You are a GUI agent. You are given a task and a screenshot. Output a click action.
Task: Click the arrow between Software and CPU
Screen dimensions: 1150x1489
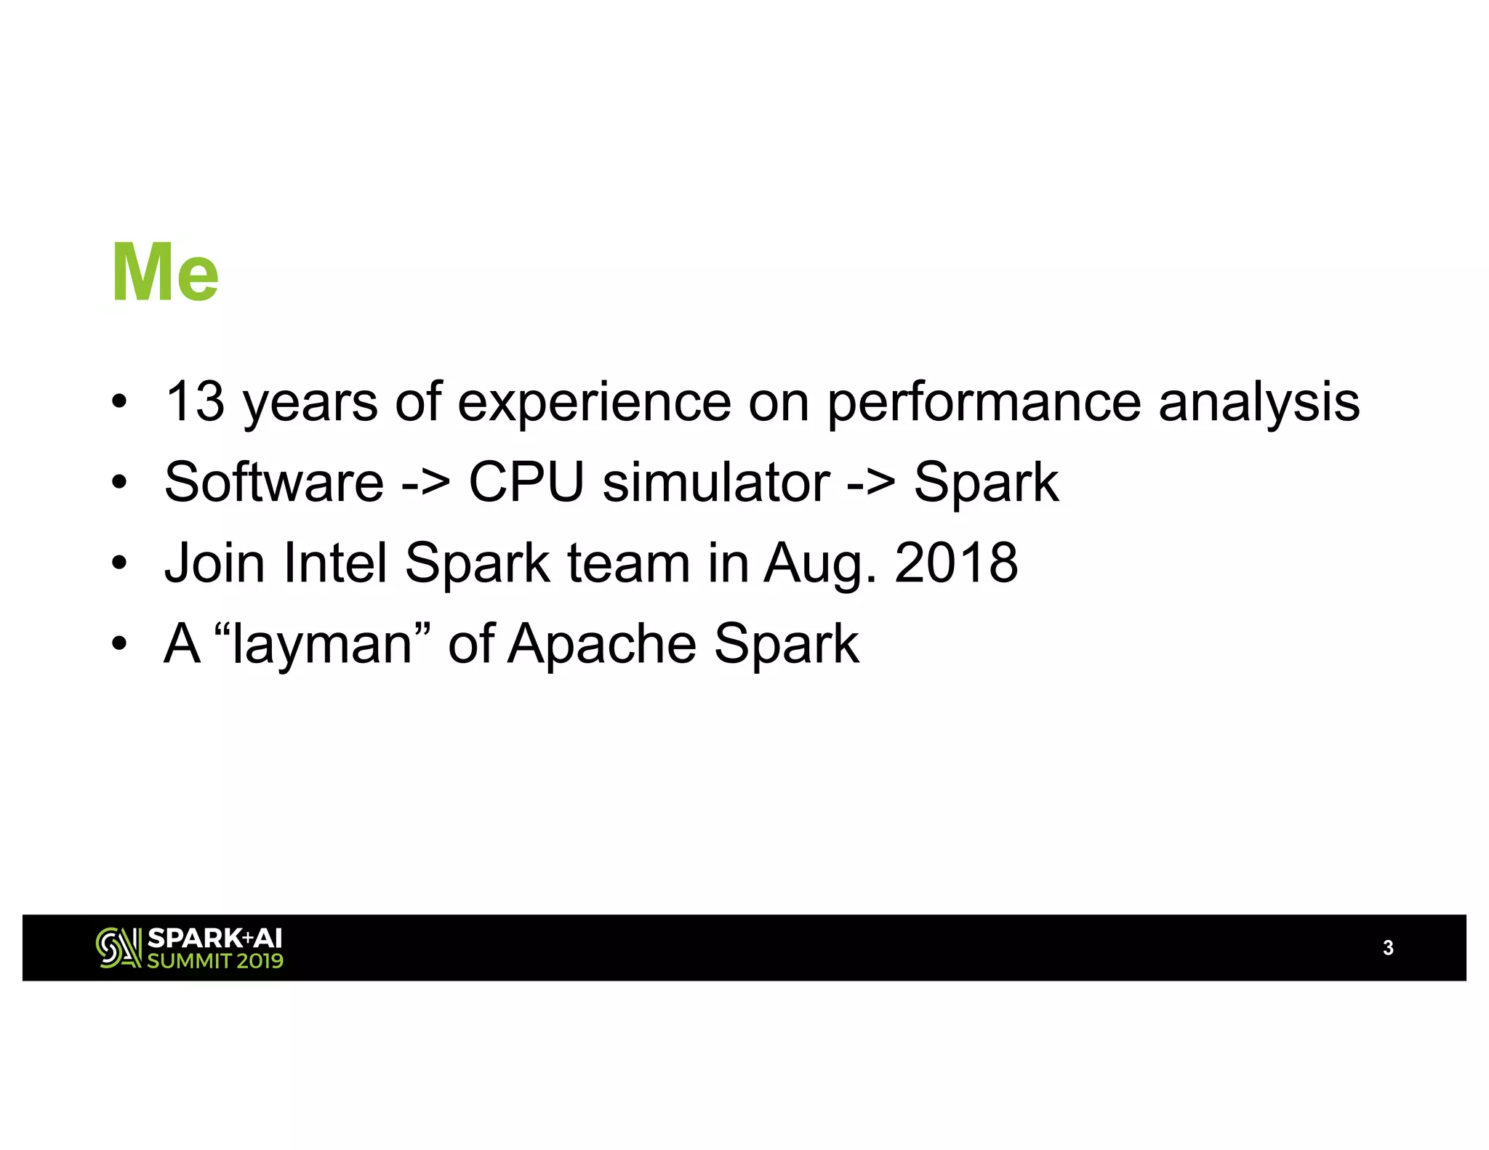[426, 483]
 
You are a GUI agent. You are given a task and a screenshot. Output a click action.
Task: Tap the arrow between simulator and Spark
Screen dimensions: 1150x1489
[871, 483]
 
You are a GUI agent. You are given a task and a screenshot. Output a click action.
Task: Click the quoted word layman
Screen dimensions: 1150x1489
[322, 644]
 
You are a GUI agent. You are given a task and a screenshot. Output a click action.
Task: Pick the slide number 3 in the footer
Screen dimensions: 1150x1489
[1388, 948]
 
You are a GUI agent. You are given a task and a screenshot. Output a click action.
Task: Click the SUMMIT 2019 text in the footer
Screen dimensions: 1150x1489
[215, 961]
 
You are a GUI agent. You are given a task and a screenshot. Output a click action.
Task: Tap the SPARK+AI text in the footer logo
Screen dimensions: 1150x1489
[214, 938]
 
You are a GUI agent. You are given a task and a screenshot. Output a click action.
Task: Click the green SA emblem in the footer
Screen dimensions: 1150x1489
[119, 948]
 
